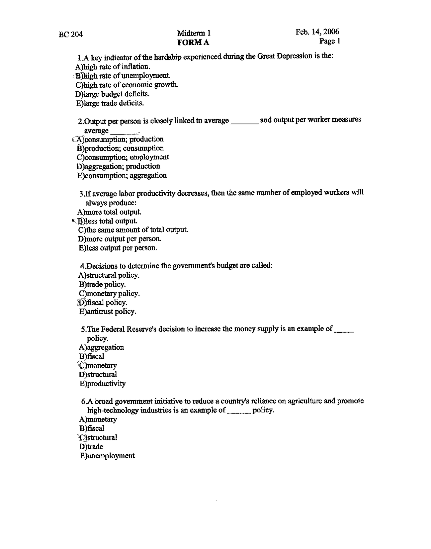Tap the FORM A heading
[193, 42]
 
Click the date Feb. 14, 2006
[317, 32]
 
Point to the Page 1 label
[330, 41]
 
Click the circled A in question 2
[79, 139]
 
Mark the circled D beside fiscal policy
[82, 303]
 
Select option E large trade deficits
[110, 103]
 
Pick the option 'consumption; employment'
[123, 157]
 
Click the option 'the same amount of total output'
[133, 230]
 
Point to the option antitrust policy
[108, 312]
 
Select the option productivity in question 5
[103, 384]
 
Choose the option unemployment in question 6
[107, 456]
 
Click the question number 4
[83, 266]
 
